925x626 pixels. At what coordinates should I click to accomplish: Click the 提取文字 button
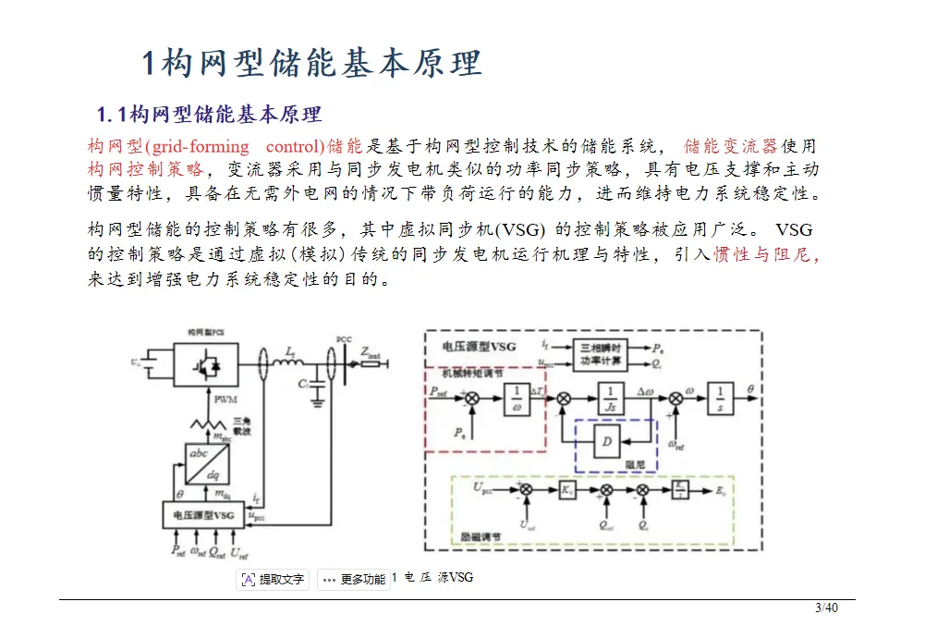[273, 580]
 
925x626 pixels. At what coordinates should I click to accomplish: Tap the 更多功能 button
[354, 580]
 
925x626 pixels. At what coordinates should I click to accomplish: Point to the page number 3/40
[825, 608]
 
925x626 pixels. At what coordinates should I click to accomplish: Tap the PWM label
[225, 400]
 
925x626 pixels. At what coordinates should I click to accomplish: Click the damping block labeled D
[606, 443]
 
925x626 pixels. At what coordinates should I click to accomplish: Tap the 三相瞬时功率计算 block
[602, 353]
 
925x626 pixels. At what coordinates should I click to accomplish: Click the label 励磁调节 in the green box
[481, 534]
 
